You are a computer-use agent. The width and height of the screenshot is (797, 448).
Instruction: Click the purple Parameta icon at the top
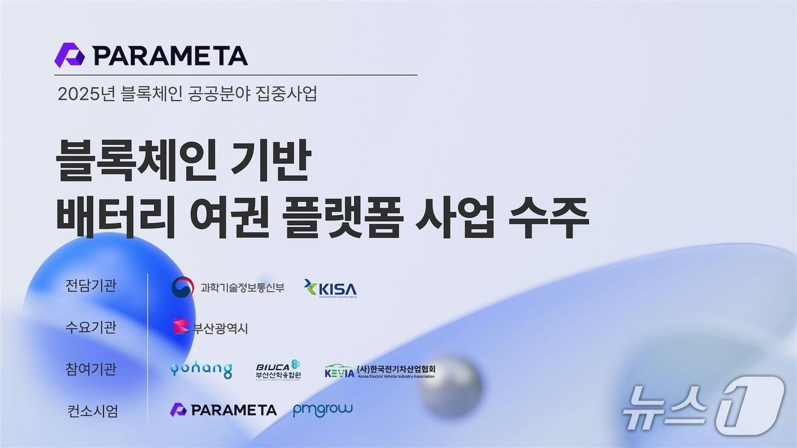tap(69, 55)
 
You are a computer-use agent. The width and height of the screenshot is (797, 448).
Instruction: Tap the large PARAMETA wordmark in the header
tap(170, 56)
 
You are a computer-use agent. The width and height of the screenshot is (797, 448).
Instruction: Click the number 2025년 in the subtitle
tap(87, 94)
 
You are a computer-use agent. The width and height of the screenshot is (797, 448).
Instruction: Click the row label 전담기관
tap(91, 285)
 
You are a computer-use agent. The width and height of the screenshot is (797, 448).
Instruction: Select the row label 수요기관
tap(91, 327)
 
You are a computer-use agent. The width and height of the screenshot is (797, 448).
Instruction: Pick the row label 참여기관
tap(91, 369)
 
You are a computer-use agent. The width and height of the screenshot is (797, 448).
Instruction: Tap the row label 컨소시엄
tap(93, 410)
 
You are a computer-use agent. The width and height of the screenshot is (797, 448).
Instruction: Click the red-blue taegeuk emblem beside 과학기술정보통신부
tap(182, 287)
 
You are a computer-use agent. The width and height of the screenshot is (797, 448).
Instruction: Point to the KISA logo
tap(331, 288)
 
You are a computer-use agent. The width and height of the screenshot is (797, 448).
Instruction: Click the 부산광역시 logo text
tap(220, 329)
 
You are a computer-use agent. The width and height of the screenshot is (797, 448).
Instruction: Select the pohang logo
tap(201, 370)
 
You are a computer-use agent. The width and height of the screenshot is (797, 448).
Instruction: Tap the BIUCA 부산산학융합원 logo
tap(278, 370)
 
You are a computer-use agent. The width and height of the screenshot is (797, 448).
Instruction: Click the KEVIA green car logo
tap(339, 372)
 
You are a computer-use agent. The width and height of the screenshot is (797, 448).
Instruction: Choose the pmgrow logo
tap(323, 409)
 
